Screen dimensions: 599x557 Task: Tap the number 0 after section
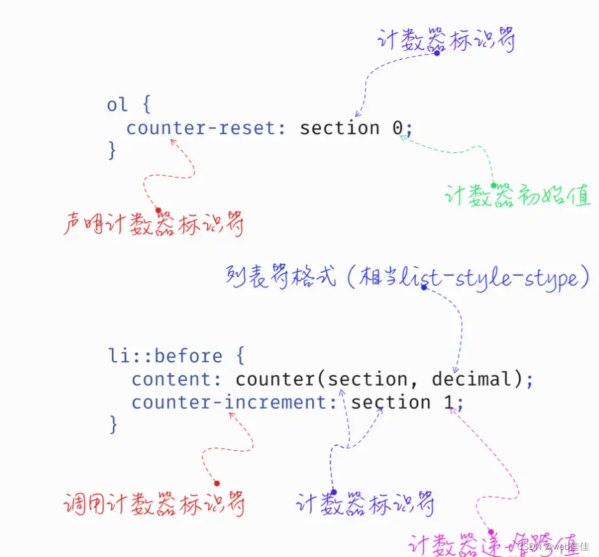coord(398,128)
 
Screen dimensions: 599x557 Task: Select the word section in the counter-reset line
coord(339,128)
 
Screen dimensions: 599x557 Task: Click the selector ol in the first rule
coord(117,105)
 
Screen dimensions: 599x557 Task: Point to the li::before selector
coord(165,356)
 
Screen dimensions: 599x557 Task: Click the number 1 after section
coord(449,402)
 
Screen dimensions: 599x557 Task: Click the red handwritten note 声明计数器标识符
coord(153,224)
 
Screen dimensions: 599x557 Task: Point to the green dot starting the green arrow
coord(494,185)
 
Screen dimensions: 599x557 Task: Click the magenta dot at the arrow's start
coord(492,532)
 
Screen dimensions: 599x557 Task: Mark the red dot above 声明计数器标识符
coord(158,210)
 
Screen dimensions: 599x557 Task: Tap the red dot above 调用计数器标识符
coord(217,483)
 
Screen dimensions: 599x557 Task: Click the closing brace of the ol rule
coord(112,150)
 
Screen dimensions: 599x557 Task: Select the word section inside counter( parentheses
coord(367,379)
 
